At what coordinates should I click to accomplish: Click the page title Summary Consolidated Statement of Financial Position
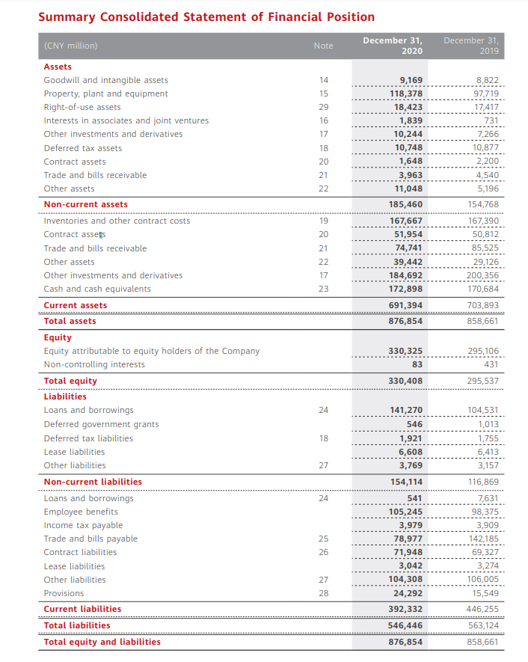pos(206,16)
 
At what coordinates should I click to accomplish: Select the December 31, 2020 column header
pos(393,45)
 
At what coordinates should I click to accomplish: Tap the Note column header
pos(323,46)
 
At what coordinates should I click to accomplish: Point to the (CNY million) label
pos(70,46)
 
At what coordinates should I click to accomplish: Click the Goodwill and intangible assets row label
pos(105,80)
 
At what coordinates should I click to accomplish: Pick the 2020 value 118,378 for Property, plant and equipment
pos(407,94)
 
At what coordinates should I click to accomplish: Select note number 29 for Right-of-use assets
pos(323,108)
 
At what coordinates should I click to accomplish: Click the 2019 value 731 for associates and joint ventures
pos(491,121)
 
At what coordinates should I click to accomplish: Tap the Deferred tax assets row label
pos(82,148)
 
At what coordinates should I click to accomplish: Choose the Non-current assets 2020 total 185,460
pos(407,204)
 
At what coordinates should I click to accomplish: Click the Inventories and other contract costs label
pos(117,221)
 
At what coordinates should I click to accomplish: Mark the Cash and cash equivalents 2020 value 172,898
pos(407,289)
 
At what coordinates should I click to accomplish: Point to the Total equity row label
pos(70,381)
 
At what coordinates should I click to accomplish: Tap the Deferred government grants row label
pos(101,424)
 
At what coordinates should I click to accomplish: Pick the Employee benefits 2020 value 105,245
pos(407,512)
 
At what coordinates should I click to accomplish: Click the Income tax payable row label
pos(83,525)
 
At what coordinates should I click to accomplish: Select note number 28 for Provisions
pos(323,593)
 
